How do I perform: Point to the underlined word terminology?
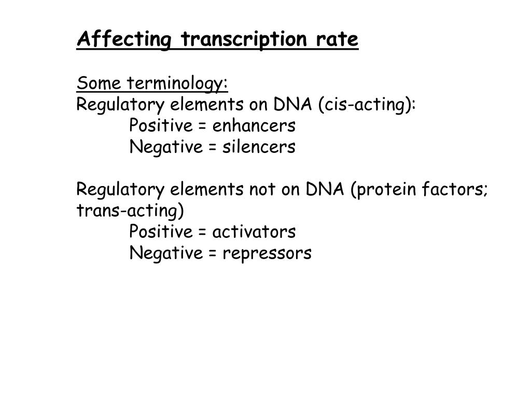point(177,84)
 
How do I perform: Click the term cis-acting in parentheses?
point(365,105)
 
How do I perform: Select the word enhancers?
point(254,125)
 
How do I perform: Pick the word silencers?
point(259,147)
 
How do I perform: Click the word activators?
point(254,232)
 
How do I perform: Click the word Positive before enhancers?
point(161,125)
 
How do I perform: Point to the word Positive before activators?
point(161,232)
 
